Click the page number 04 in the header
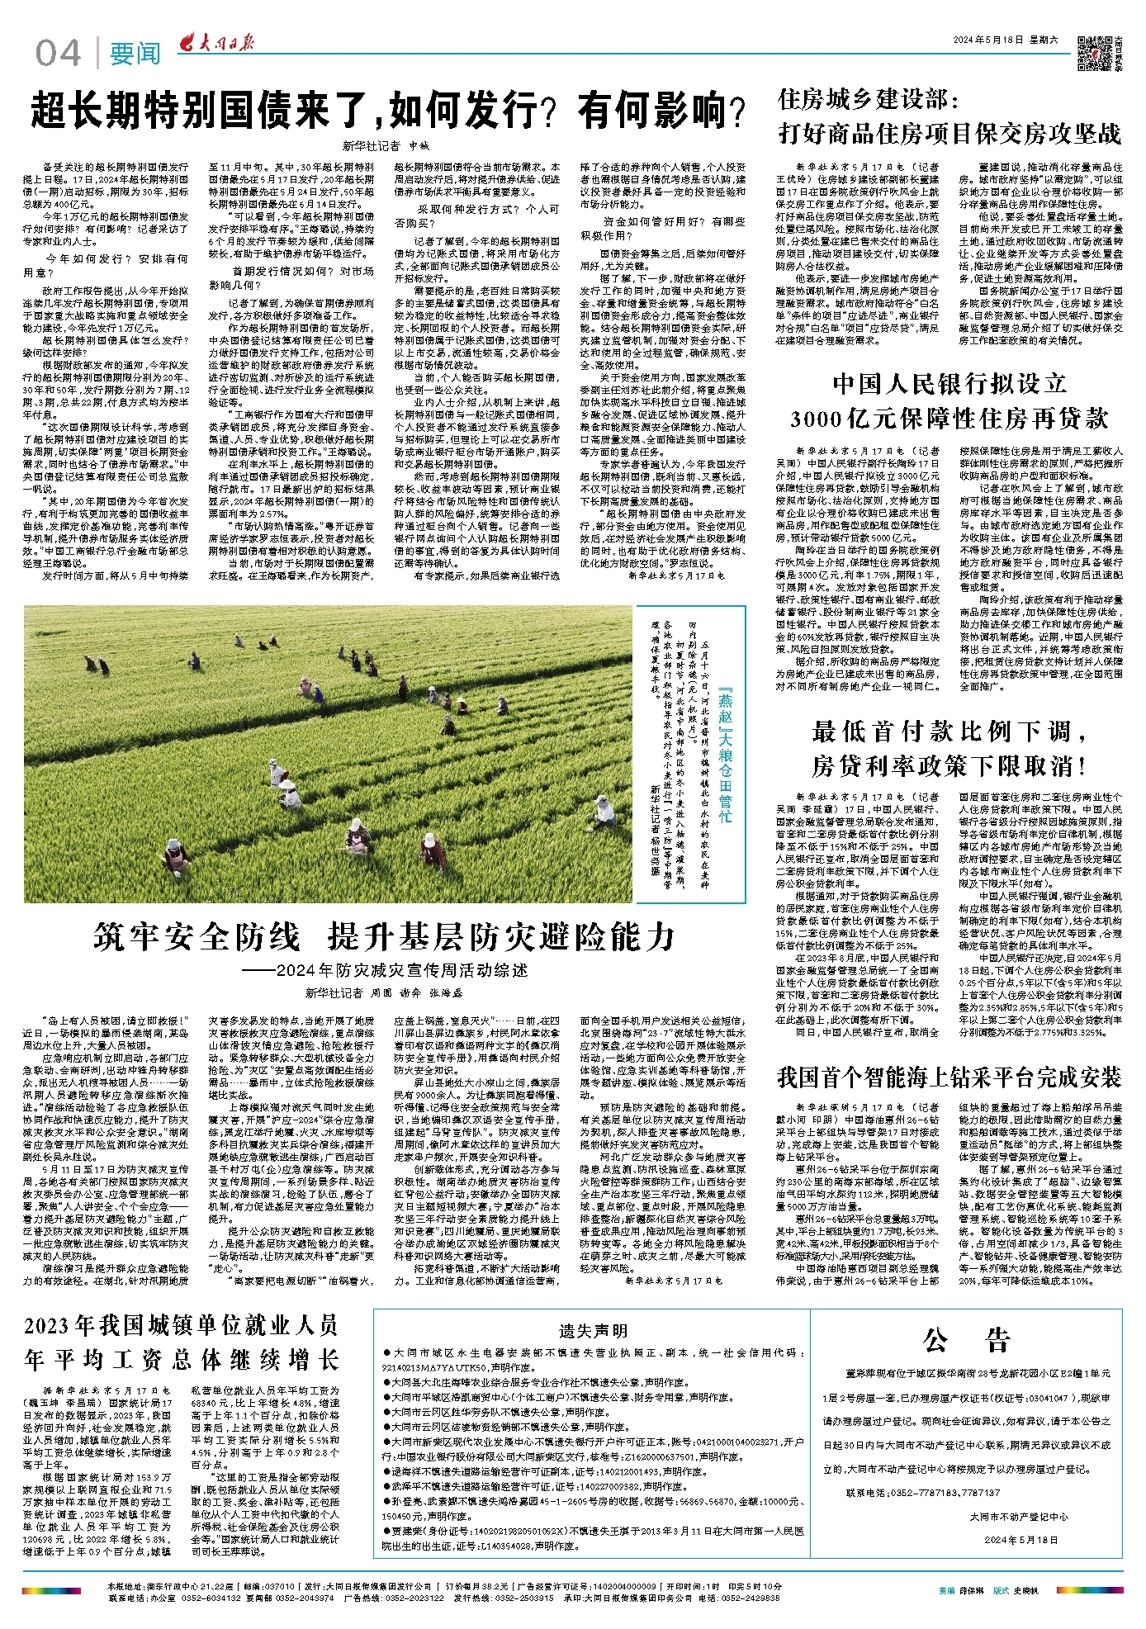coord(58,54)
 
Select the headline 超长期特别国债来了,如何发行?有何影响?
coord(388,111)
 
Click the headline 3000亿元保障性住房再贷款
coord(949,419)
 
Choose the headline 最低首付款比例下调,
coord(949,731)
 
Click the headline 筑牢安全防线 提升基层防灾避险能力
coord(384,937)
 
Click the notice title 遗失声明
coord(593,1331)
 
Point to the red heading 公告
coord(967,1340)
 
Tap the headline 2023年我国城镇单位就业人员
coord(181,1326)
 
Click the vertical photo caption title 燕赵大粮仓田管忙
coord(725,753)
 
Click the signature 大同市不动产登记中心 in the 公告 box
coord(1018,1517)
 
